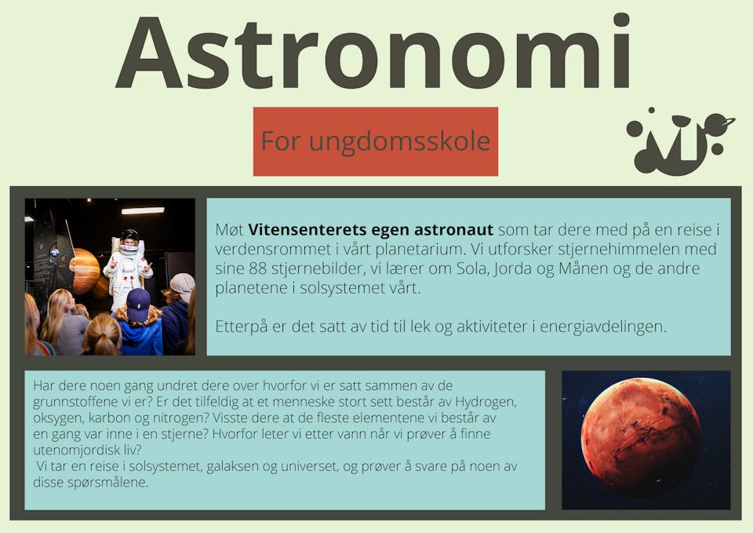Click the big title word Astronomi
click(x=373, y=53)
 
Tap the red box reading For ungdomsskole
click(x=376, y=141)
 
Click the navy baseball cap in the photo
click(x=138, y=305)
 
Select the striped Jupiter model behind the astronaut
click(x=85, y=271)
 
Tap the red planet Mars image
click(x=641, y=436)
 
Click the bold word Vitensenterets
click(x=307, y=230)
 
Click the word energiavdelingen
click(x=603, y=327)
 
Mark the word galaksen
click(x=232, y=466)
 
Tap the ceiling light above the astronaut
click(x=143, y=210)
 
